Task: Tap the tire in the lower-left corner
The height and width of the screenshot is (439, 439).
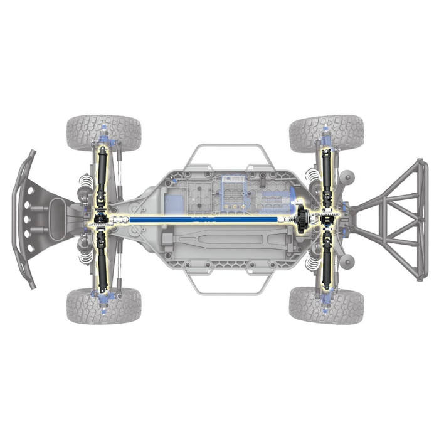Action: coord(103,305)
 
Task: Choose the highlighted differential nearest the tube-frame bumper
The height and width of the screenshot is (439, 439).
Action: coord(327,219)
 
